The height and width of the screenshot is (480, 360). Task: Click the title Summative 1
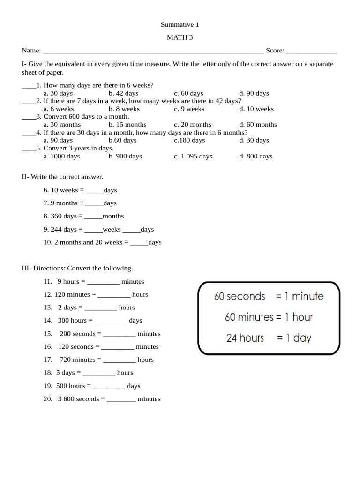(180, 24)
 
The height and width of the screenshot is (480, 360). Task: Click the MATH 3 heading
(180, 37)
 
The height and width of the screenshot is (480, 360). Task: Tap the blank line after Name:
(153, 51)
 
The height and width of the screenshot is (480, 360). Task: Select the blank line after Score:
(311, 51)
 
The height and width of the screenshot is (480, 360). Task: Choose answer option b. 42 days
(123, 93)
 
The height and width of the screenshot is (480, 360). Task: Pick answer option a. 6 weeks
(59, 109)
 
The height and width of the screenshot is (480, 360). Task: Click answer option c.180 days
(189, 140)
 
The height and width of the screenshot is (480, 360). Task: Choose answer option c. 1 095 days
(193, 156)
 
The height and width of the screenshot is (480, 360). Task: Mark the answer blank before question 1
(29, 86)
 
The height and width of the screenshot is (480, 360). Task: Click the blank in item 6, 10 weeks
(95, 191)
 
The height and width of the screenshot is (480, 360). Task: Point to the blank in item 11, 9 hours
(103, 282)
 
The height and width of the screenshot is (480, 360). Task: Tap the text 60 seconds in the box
(240, 297)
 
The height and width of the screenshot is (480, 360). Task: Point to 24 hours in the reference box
(245, 338)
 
